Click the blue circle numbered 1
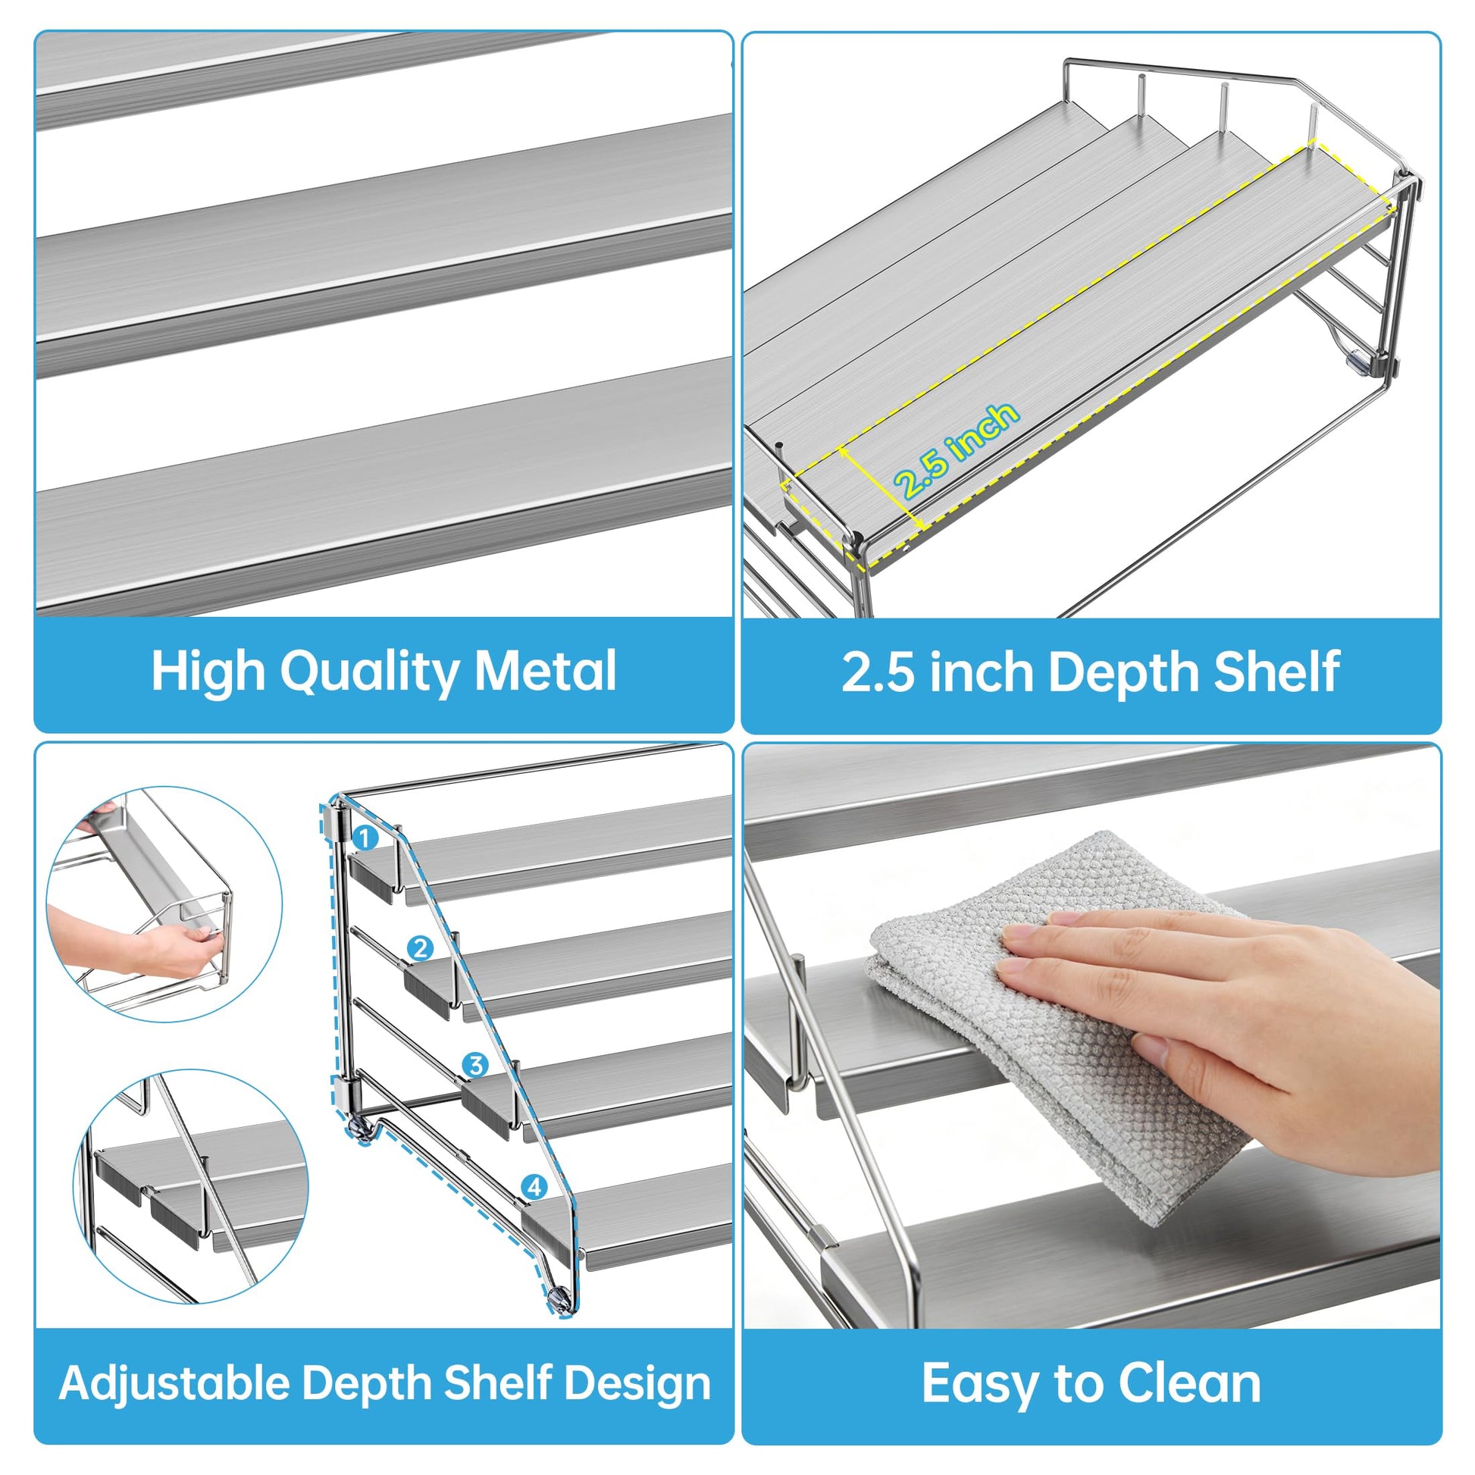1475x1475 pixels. tap(365, 838)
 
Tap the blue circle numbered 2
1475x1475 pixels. tap(420, 949)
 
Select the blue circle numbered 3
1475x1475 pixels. tap(476, 1064)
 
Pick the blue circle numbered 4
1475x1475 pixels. tap(534, 1187)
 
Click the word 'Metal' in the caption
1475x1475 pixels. tap(545, 671)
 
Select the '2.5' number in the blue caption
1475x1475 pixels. tap(877, 672)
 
